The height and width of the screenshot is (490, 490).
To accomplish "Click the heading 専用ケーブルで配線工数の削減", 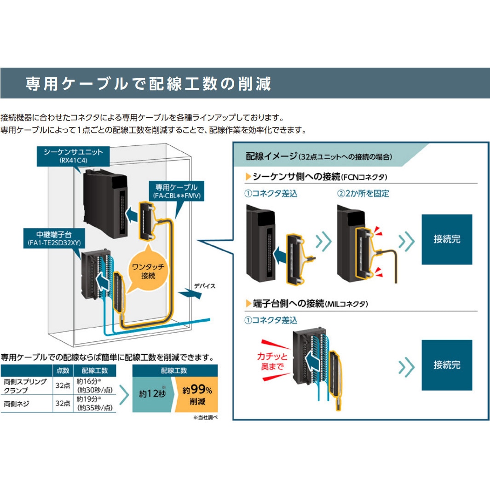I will pyautogui.click(x=148, y=84).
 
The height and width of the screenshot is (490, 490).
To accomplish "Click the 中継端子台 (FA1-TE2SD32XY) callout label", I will pyautogui.click(x=60, y=238).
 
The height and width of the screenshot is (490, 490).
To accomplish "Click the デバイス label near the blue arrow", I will pyautogui.click(x=204, y=286).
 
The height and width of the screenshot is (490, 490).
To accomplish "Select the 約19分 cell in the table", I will pyautogui.click(x=94, y=403).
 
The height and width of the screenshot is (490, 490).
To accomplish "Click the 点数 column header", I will pyautogui.click(x=63, y=370).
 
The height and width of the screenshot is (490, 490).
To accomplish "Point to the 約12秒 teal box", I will pyautogui.click(x=151, y=393).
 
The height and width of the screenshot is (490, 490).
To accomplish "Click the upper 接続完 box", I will pyautogui.click(x=446, y=239).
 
